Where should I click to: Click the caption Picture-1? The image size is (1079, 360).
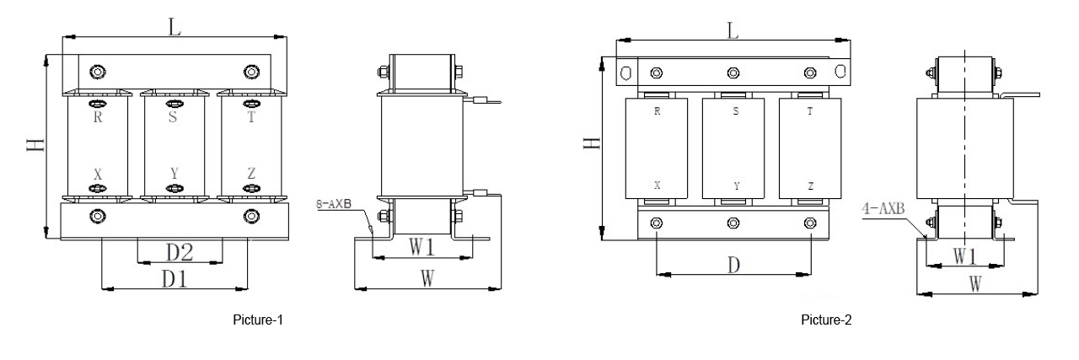pos(256,321)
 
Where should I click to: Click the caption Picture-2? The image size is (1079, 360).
pos(828,321)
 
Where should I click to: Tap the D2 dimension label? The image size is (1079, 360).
pos(179,252)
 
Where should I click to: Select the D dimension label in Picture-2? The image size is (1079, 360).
pos(734,265)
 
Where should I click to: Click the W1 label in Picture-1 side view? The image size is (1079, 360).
pos(421,247)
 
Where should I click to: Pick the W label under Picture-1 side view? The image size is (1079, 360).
pos(427,279)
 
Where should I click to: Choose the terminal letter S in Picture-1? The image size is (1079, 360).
pos(173,118)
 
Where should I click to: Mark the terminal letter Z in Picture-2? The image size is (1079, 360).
pos(810,185)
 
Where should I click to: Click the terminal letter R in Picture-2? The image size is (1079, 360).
pos(657,111)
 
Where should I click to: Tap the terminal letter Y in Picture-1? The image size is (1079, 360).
pos(174,174)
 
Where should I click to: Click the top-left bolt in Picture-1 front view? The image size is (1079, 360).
pos(99,71)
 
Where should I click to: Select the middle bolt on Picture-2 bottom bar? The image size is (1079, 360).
pos(733,223)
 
